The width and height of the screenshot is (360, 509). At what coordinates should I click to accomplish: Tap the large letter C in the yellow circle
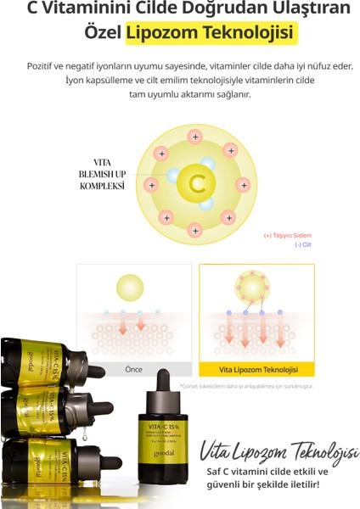[x=197, y=182]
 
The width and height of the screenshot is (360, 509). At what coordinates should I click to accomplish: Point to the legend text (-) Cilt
[x=303, y=244]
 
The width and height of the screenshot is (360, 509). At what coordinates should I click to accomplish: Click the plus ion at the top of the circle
[x=196, y=136]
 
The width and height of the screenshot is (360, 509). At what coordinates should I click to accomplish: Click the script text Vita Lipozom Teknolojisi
[x=273, y=450]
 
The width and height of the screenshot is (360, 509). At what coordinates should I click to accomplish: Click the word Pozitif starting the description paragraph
[x=64, y=65]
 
